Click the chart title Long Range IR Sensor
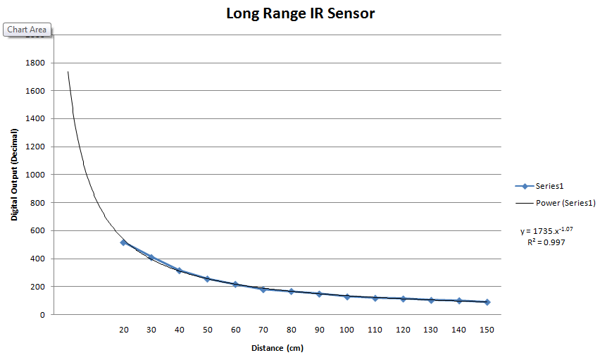click(x=300, y=13)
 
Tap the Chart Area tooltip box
click(x=27, y=30)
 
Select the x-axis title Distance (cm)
click(x=277, y=348)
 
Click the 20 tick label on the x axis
click(x=123, y=329)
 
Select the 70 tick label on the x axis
click(x=263, y=329)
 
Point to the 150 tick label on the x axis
click(x=486, y=329)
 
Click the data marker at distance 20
click(x=123, y=242)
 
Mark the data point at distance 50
click(x=207, y=279)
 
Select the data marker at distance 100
click(x=346, y=297)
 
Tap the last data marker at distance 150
click(x=486, y=302)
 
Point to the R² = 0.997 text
click(x=546, y=242)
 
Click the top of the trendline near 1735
click(x=68, y=73)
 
